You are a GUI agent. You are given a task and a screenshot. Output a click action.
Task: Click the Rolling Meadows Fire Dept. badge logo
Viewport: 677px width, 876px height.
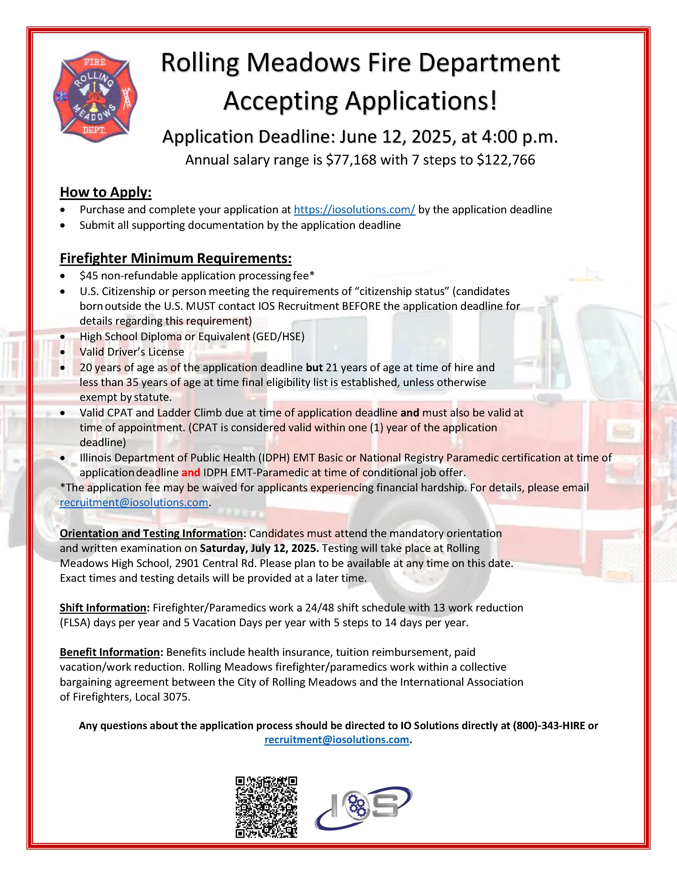point(95,97)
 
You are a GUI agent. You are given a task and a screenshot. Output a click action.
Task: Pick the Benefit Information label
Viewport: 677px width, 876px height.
point(110,652)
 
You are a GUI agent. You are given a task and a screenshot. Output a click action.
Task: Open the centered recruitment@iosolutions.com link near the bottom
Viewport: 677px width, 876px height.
point(337,740)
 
